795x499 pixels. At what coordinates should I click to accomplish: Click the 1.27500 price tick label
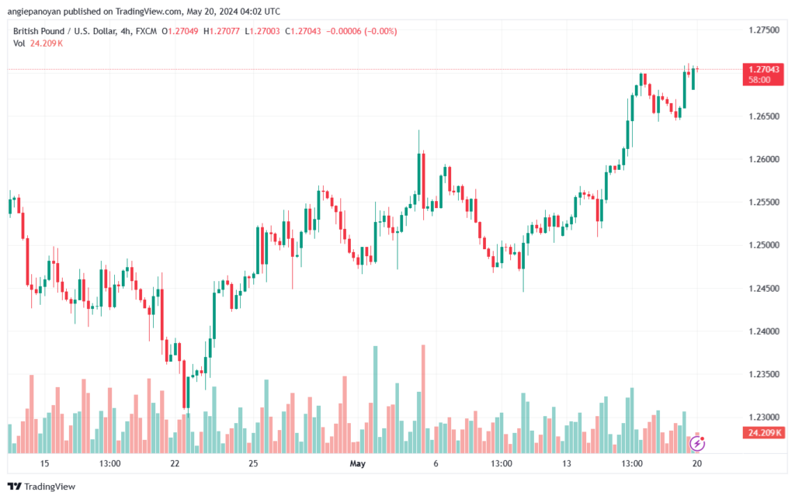pyautogui.click(x=763, y=29)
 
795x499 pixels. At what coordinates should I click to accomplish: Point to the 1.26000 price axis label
pyautogui.click(x=763, y=159)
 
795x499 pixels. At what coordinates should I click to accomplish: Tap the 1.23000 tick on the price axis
pyautogui.click(x=763, y=417)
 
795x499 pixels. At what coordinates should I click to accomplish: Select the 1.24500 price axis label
pyautogui.click(x=763, y=288)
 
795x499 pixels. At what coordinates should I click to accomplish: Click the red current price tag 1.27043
pyautogui.click(x=762, y=70)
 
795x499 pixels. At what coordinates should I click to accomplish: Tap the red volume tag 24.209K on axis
pyautogui.click(x=762, y=432)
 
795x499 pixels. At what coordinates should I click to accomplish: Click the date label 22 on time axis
pyautogui.click(x=175, y=464)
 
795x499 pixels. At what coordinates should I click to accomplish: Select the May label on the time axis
pyautogui.click(x=357, y=464)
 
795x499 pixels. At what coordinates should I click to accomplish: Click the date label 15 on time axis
pyautogui.click(x=44, y=464)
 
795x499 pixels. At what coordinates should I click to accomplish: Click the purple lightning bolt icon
pyautogui.click(x=697, y=444)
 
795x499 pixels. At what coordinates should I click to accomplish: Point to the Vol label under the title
pyautogui.click(x=19, y=43)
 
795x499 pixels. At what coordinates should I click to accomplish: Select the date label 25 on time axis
pyautogui.click(x=253, y=464)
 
